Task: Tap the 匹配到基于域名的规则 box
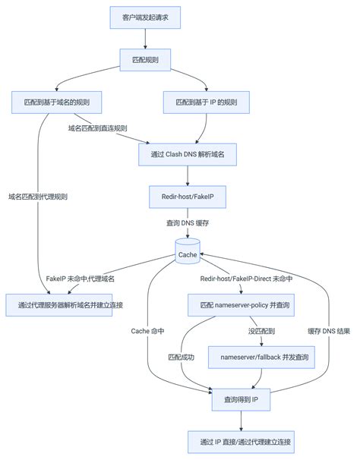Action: pyautogui.click(x=57, y=102)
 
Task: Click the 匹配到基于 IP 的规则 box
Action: pyautogui.click(x=207, y=102)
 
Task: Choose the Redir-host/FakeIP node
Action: pyautogui.click(x=187, y=197)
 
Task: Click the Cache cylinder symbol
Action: pyautogui.click(x=187, y=254)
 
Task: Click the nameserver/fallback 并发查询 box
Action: pyautogui.click(x=264, y=357)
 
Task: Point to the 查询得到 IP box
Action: pyautogui.click(x=241, y=399)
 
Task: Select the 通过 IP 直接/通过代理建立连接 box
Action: pyautogui.click(x=241, y=441)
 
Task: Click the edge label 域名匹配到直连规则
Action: pyautogui.click(x=97, y=128)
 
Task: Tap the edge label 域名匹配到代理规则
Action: pyautogui.click(x=38, y=197)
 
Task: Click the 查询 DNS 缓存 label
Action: pyautogui.click(x=187, y=223)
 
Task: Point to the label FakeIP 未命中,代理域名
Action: pyautogui.click(x=80, y=279)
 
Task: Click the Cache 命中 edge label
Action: pyautogui.click(x=149, y=331)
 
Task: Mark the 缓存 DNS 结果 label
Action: pyautogui.click(x=328, y=331)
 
